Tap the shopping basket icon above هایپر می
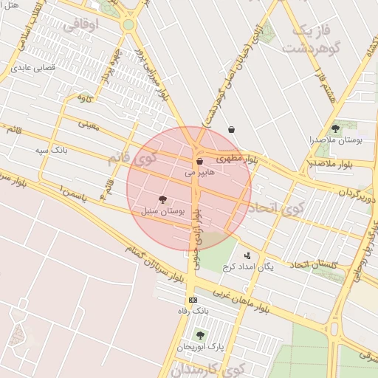(x=199, y=161)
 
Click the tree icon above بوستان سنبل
(x=162, y=199)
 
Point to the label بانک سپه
(x=51, y=151)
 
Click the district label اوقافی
(x=80, y=27)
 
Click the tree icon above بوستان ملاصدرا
(x=335, y=128)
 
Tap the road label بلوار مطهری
(x=235, y=157)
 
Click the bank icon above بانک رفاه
(x=193, y=300)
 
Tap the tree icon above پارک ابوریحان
(x=200, y=334)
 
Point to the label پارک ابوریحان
(x=200, y=346)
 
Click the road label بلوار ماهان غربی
(x=241, y=298)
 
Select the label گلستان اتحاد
(x=313, y=264)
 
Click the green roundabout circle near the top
(x=128, y=24)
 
